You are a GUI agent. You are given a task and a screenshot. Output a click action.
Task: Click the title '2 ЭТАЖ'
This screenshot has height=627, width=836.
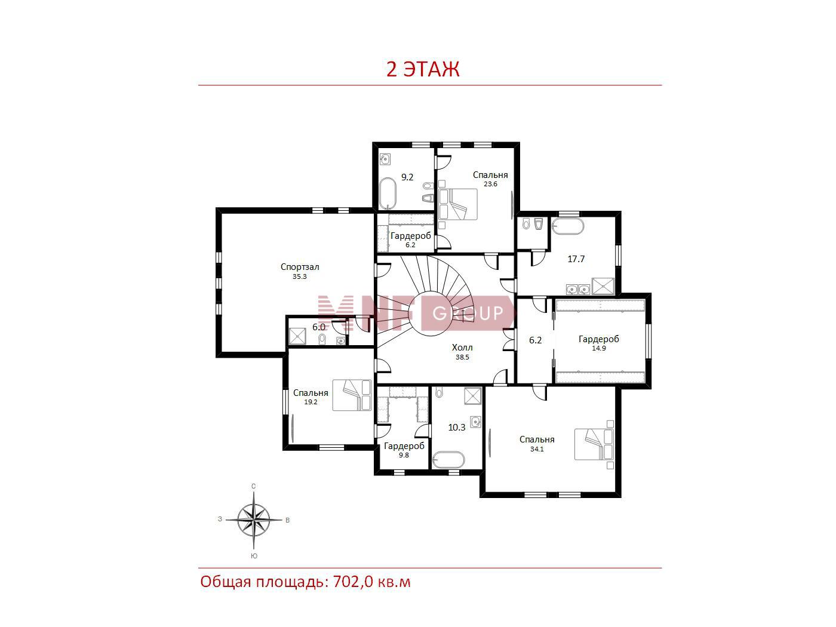[x=423, y=69]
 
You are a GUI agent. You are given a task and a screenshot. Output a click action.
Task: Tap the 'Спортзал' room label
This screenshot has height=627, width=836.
[x=300, y=267]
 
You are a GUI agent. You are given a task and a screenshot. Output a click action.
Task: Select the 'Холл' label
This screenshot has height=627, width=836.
[x=462, y=347]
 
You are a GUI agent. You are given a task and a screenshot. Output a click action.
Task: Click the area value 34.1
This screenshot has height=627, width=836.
[x=537, y=449]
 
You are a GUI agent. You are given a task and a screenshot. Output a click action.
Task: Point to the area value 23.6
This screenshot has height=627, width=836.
[x=491, y=185]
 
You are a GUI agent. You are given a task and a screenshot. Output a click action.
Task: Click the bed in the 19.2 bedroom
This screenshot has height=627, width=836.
[x=352, y=395]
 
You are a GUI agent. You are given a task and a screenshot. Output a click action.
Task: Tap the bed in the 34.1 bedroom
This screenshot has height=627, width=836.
[x=594, y=445]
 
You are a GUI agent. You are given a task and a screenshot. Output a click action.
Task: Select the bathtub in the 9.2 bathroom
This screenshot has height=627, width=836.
[x=388, y=193]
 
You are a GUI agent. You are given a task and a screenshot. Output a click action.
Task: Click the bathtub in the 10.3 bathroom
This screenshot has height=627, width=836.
[x=448, y=460]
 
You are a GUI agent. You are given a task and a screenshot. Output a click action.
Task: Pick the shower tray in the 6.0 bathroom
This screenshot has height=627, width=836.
[x=297, y=337]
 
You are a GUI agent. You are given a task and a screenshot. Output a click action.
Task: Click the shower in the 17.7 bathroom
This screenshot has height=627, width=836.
[x=603, y=286]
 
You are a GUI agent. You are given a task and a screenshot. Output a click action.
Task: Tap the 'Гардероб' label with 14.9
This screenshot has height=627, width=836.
[x=599, y=339]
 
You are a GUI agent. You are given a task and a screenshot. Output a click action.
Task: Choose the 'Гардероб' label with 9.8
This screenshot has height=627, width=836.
[x=404, y=446]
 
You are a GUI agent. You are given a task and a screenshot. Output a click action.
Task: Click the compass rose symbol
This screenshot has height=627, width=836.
[x=254, y=520]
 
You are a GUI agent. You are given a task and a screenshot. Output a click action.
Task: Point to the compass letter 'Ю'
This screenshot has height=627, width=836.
[x=254, y=556]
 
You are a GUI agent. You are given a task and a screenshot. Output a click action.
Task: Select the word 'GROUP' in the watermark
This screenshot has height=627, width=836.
[x=468, y=314]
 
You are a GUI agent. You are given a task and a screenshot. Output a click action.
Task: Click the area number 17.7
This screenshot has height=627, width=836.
[x=576, y=259]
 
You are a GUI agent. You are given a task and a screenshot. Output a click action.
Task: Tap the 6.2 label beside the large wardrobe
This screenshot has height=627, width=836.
[x=535, y=340]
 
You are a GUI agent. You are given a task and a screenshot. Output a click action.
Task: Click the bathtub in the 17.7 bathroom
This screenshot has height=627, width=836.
[x=567, y=226]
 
